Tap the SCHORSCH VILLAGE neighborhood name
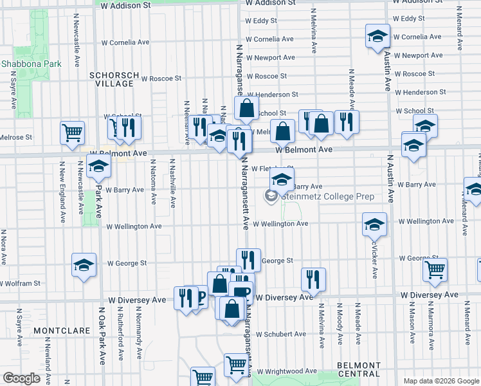point(114,79)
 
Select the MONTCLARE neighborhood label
point(60,330)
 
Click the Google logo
point(21,378)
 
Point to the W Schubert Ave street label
point(280,334)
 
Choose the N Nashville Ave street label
point(173,183)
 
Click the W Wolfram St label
point(20,283)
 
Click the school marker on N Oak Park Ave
point(98,166)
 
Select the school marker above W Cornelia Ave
point(377,36)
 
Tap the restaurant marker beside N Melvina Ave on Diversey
point(313,279)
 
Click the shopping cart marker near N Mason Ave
point(435,270)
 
